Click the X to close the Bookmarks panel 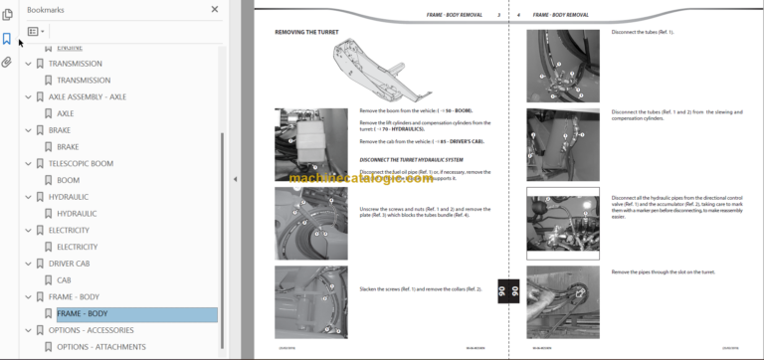point(215,10)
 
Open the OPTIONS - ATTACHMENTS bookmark point(100,347)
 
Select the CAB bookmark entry point(64,280)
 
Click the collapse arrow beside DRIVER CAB point(28,265)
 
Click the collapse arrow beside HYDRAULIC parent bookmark point(28,198)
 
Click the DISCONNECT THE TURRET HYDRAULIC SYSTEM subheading point(411,160)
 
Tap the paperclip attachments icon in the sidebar point(7,62)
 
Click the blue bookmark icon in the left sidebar point(7,39)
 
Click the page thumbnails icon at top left point(7,14)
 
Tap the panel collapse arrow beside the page point(236,180)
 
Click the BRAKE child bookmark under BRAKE point(68,147)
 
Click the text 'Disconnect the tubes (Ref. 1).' point(643,33)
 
